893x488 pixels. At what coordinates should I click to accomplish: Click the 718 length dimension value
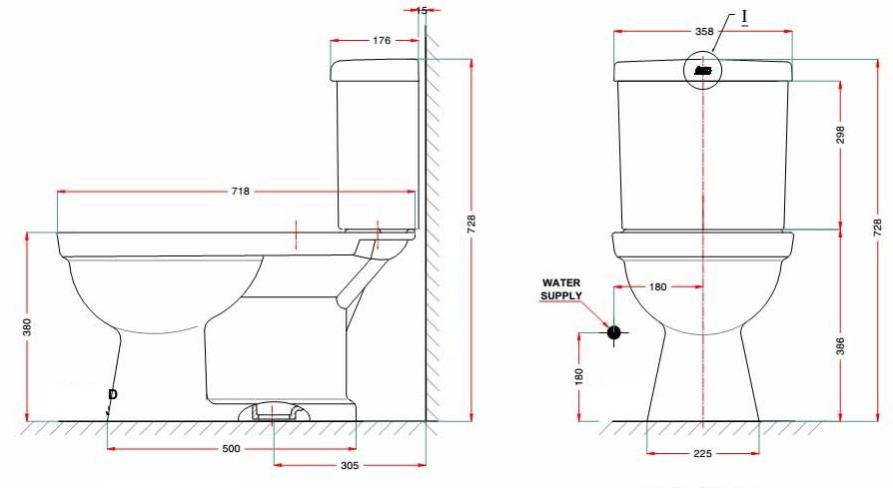tap(240, 191)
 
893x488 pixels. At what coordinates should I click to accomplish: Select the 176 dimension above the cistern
tap(382, 41)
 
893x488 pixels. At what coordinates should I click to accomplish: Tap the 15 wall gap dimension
tap(422, 10)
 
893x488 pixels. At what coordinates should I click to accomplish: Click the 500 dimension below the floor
tap(231, 449)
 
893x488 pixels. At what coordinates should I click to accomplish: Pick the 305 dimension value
tap(350, 466)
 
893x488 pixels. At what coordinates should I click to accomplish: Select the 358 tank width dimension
tap(704, 32)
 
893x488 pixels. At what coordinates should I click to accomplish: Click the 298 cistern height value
tap(840, 135)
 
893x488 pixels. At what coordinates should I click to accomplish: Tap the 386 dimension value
tap(840, 345)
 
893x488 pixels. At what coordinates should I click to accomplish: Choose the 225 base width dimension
tap(702, 454)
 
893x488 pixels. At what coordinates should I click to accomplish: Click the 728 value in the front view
tap(877, 227)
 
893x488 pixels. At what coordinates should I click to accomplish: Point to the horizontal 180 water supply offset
tap(657, 286)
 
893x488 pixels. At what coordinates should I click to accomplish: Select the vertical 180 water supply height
tap(578, 375)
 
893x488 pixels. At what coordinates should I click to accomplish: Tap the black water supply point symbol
tap(613, 332)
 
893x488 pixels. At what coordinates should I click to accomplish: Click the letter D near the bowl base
tap(112, 395)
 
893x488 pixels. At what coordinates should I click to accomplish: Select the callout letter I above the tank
tap(744, 17)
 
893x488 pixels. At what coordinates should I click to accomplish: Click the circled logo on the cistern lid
tap(703, 71)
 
